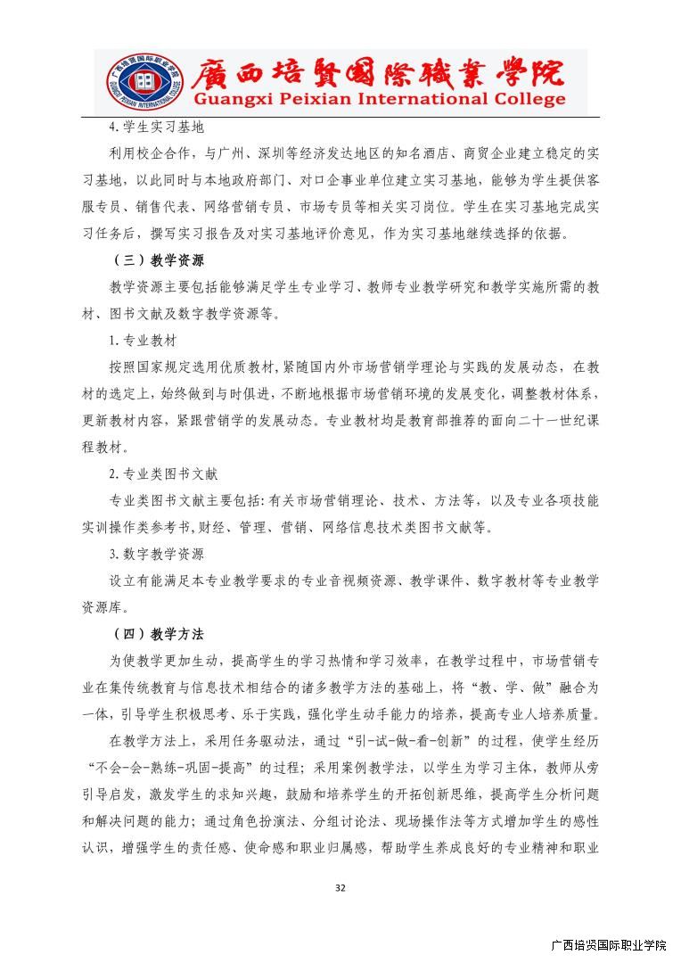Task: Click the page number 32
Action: (x=340, y=887)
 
